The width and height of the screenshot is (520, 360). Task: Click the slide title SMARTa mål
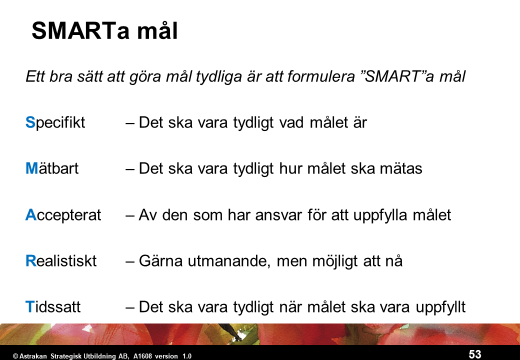click(104, 31)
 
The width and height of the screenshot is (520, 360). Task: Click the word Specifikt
click(55, 122)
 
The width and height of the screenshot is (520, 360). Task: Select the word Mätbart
click(52, 169)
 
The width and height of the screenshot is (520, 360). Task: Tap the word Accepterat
click(63, 215)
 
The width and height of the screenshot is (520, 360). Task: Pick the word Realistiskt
click(61, 261)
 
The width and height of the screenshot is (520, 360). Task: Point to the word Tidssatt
click(53, 307)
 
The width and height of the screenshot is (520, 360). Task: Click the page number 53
click(474, 354)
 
